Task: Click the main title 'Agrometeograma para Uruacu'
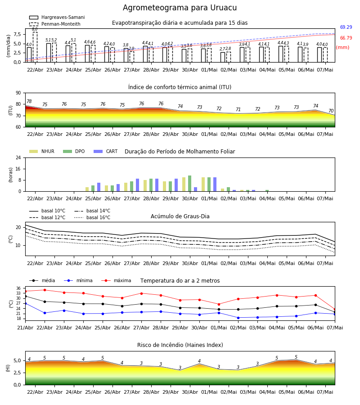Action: pos(180,8)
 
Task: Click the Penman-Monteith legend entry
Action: pos(55,24)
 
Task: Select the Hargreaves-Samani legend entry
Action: pos(57,17)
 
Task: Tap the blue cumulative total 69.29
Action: pos(346,27)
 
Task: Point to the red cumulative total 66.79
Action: pos(346,38)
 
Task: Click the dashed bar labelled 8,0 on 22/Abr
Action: pos(35,47)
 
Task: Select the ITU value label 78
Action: pos(29,102)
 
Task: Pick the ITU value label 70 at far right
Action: pos(331,111)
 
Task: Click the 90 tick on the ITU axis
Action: pos(18,93)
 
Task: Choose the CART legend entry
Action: pos(106,151)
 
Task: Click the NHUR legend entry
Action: pos(42,151)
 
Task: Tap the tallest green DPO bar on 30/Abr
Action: pos(189,184)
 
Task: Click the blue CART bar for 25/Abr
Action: pos(99,187)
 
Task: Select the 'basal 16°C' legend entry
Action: pos(92,217)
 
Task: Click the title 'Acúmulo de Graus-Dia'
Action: pos(180,216)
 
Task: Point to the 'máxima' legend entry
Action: pos(117,280)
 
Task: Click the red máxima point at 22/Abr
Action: pos(45,290)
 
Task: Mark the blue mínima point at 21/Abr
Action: pos(25,303)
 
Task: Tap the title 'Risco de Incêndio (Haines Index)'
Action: pos(180,345)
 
